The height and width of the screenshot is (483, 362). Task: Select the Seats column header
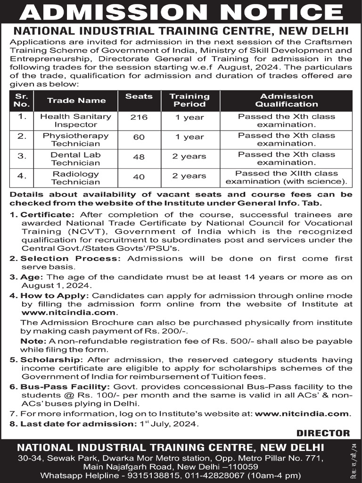(139, 96)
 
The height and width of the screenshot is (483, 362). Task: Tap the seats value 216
(139, 117)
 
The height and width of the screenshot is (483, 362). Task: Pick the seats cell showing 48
(139, 157)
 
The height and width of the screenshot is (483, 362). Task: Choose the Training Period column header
(189, 100)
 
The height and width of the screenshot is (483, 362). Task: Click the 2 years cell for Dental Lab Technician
(189, 157)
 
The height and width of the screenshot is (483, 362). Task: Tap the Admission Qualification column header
(287, 100)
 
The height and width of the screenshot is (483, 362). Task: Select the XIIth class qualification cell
(287, 177)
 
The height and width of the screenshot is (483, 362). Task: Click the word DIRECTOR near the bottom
(323, 433)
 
